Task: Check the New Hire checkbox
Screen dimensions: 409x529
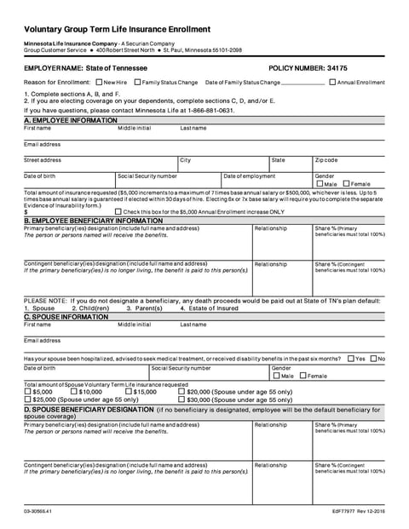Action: click(99, 83)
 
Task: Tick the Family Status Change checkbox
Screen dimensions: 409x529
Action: click(138, 83)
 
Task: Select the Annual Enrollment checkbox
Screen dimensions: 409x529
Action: click(332, 83)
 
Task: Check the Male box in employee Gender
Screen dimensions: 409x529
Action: click(320, 184)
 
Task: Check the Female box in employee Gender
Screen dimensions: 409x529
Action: click(346, 184)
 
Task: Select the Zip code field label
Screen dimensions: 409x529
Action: click(326, 160)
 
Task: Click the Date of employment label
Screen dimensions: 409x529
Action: click(250, 175)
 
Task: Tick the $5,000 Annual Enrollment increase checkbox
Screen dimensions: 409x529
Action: click(118, 211)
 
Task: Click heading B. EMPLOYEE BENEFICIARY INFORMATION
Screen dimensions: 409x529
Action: click(93, 220)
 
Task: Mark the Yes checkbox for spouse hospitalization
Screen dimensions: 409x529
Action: click(351, 359)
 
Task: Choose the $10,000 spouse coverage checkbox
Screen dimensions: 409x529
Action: click(74, 391)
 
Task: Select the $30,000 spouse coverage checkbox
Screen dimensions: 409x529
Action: click(182, 399)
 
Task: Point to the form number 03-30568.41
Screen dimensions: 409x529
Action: click(39, 511)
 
